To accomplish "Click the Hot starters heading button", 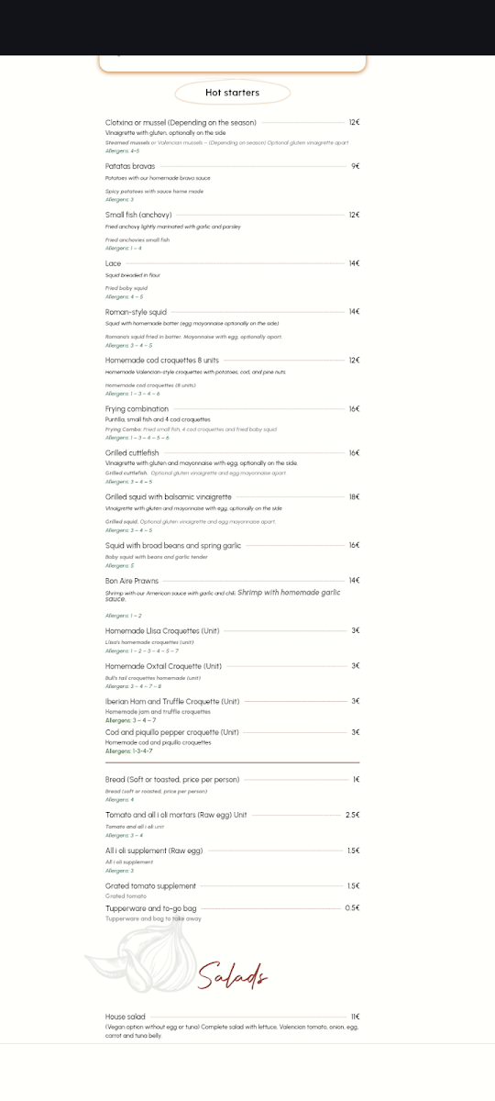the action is coord(232,93).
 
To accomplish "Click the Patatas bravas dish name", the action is coord(130,166).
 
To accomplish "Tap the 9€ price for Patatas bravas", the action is coord(355,166).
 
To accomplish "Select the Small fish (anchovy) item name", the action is coord(138,215).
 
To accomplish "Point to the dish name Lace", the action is coord(114,263).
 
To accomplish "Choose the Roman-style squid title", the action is coord(136,312).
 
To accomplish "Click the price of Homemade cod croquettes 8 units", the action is coord(354,361).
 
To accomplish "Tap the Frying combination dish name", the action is coord(137,409).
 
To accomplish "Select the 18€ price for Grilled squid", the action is coord(354,496).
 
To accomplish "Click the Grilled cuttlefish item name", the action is coord(132,453).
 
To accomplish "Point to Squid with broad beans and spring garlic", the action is coord(173,545).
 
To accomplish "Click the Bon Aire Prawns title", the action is coord(132,581).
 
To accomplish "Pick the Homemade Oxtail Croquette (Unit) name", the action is coord(163,666).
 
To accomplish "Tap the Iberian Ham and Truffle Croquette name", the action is coord(172,701).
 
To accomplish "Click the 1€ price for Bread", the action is coord(356,780).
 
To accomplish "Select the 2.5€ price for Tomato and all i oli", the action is coord(352,815).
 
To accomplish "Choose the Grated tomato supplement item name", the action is coord(150,886).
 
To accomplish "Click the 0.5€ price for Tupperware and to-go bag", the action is coord(352,907).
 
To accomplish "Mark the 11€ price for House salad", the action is coord(355,1017).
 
